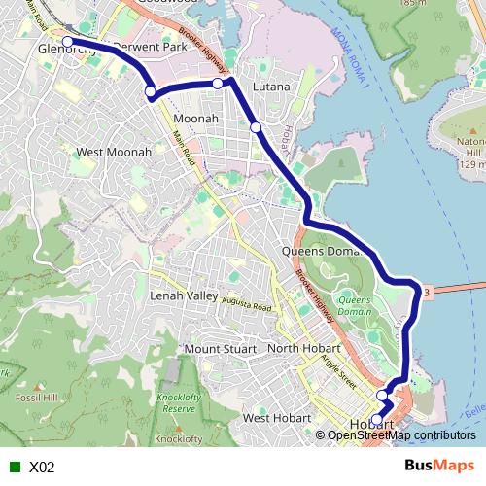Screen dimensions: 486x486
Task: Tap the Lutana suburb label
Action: (271, 87)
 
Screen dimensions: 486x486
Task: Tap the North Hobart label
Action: (303, 349)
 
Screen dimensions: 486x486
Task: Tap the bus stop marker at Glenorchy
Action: (68, 42)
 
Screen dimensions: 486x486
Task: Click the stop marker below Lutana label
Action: (255, 127)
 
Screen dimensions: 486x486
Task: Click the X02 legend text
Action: (42, 467)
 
